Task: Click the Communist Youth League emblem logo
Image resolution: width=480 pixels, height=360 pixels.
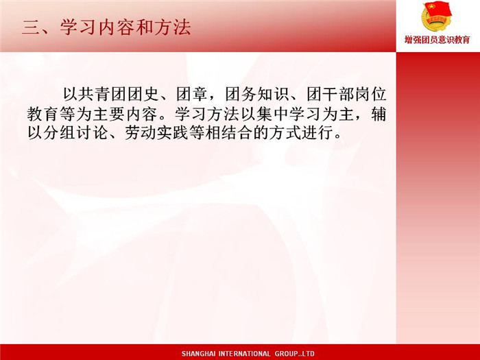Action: click(437, 17)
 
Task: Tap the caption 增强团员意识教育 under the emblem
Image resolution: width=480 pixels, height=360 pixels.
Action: click(437, 40)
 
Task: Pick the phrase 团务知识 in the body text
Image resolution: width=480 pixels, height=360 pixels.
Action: click(257, 94)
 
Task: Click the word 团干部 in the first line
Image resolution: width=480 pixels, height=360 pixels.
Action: click(331, 94)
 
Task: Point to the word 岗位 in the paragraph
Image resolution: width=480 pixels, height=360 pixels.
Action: click(371, 94)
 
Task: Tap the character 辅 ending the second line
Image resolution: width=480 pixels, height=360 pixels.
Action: click(379, 114)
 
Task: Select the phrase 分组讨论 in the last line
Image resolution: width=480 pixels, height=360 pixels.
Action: click(76, 132)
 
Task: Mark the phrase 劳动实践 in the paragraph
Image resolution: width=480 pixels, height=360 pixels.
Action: click(157, 132)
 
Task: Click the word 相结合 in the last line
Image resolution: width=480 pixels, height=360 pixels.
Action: click(230, 132)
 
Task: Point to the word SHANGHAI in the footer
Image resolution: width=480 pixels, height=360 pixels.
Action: click(198, 354)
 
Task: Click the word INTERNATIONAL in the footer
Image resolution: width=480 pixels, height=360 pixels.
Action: click(244, 354)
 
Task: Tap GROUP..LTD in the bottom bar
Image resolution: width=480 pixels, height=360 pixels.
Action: click(294, 354)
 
